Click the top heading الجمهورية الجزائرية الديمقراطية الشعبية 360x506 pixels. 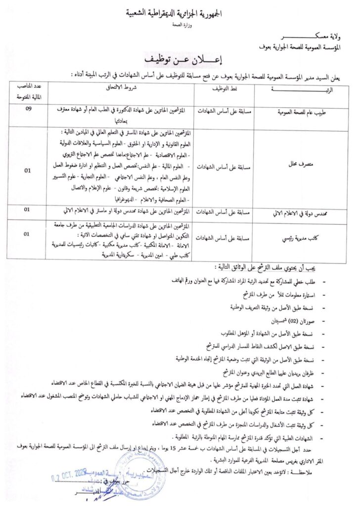point(180,14)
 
